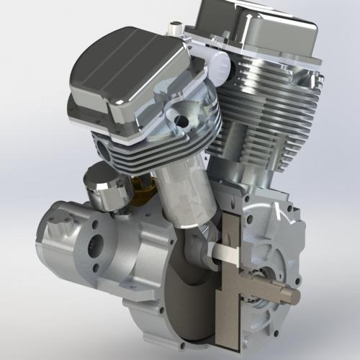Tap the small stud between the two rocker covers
tap(174, 29)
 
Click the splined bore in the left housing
tap(95, 253)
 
